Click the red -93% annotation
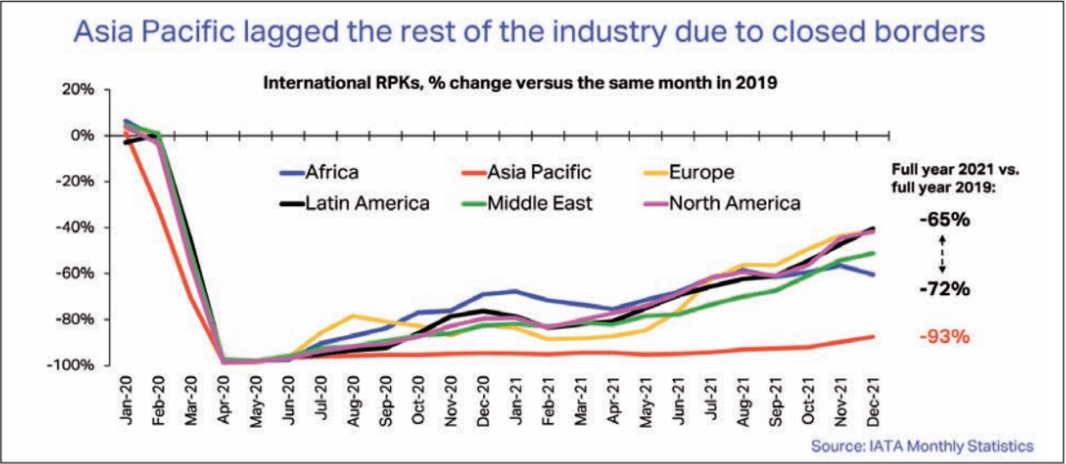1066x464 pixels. click(943, 337)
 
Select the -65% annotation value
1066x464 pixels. click(943, 219)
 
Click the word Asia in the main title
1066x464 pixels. click(107, 34)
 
